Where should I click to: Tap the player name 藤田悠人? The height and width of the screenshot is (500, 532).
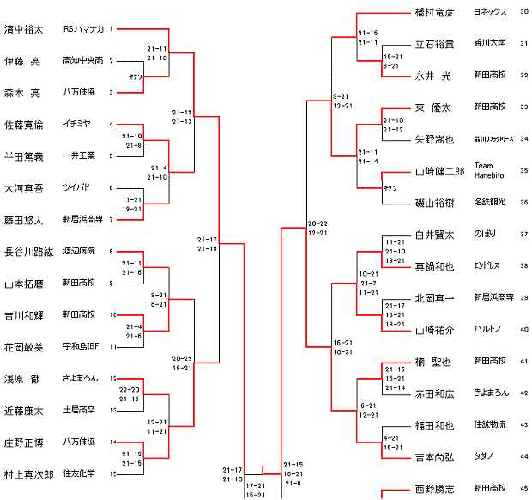click(x=24, y=220)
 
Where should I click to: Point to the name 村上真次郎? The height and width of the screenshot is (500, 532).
click(x=29, y=473)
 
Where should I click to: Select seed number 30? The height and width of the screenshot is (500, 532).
click(x=524, y=13)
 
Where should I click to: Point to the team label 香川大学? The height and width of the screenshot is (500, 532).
click(x=489, y=43)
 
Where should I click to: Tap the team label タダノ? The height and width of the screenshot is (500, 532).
click(x=484, y=456)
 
